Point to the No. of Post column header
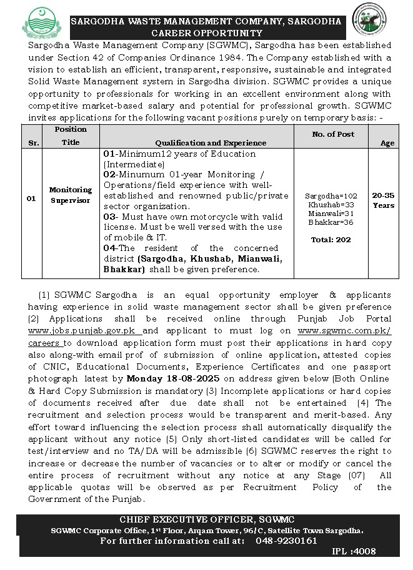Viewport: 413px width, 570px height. pos(333,134)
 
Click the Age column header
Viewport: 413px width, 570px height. pos(387,143)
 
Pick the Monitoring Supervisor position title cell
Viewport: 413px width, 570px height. pos(71,195)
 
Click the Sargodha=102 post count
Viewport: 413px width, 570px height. pos(333,195)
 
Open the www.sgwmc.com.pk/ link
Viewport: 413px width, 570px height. pos(344,331)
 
